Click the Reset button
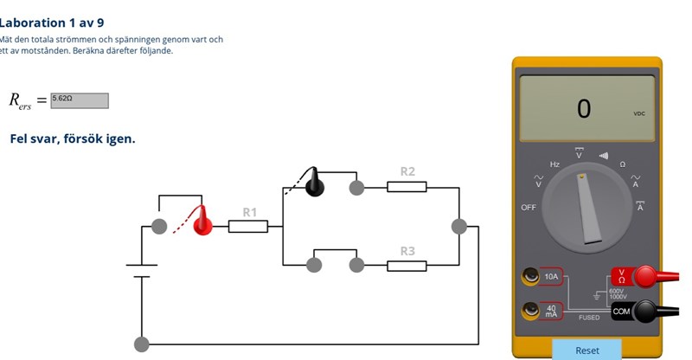click(x=587, y=350)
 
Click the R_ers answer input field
click(x=80, y=100)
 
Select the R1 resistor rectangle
click(x=248, y=227)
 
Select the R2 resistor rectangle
click(x=407, y=186)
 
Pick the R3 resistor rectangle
click(x=407, y=265)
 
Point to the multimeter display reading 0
click(x=584, y=109)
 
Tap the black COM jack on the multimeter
click(x=643, y=311)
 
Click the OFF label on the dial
click(x=529, y=208)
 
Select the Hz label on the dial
click(x=554, y=164)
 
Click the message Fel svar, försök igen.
click(x=73, y=138)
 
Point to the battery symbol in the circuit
click(x=141, y=271)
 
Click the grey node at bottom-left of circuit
click(x=141, y=344)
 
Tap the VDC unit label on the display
click(x=639, y=114)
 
